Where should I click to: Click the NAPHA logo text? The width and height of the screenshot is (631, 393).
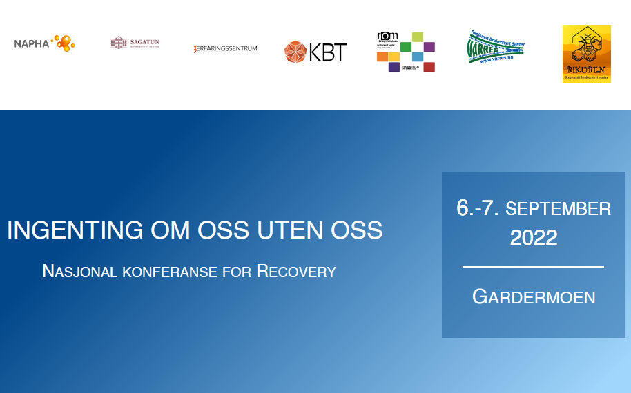click(32, 43)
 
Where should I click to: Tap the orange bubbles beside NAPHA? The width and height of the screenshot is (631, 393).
click(64, 43)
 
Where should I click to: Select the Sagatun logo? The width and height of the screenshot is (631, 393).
click(135, 43)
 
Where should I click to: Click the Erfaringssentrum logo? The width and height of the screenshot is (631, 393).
click(226, 48)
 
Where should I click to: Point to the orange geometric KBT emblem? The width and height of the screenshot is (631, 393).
click(295, 52)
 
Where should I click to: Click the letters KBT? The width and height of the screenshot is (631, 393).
click(327, 52)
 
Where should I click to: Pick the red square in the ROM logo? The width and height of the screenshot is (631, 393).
click(429, 67)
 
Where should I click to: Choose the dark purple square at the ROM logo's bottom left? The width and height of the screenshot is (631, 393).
click(394, 67)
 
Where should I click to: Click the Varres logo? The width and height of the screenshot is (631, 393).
click(496, 47)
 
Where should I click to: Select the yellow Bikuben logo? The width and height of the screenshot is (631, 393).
click(587, 54)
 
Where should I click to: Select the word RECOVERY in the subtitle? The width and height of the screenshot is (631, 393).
click(296, 271)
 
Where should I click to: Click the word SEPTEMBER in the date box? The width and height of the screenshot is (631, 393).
click(559, 208)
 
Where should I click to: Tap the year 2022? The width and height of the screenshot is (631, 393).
click(534, 238)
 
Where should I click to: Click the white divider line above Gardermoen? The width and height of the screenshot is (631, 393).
click(533, 266)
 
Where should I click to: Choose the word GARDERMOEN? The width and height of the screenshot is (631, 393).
click(534, 297)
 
